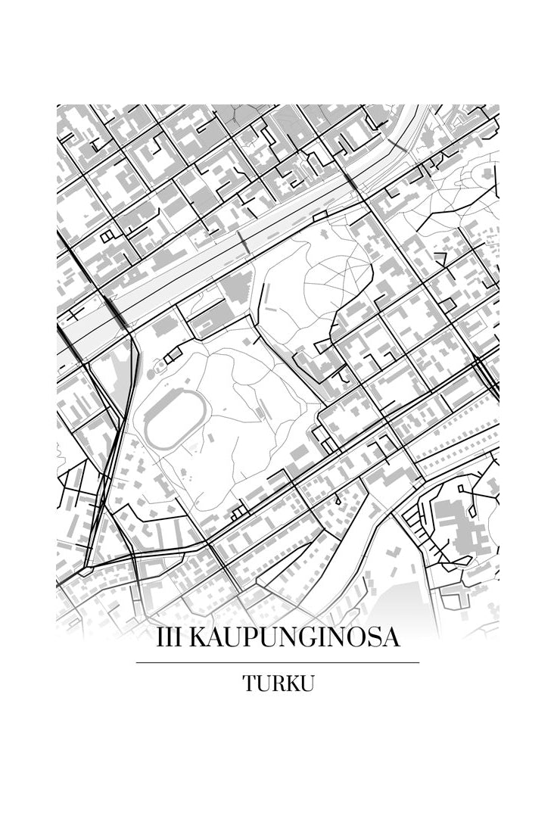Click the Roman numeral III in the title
(x=169, y=637)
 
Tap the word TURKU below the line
(x=278, y=683)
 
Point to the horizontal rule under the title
(x=277, y=662)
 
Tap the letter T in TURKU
(x=249, y=683)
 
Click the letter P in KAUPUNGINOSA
(x=251, y=637)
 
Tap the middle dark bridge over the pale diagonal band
(x=243, y=243)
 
